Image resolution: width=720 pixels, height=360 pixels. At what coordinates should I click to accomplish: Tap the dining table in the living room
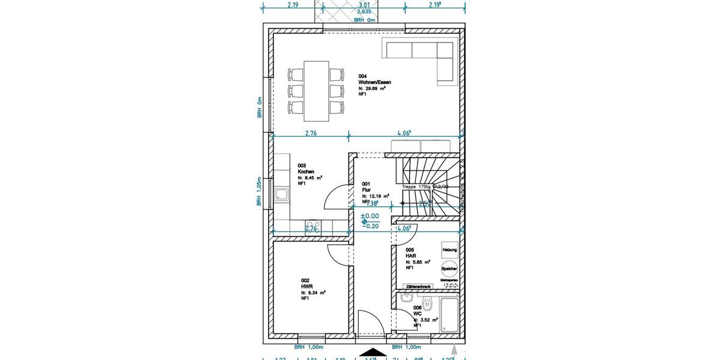point(317,90)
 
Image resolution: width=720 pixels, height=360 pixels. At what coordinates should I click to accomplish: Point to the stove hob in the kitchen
point(313,226)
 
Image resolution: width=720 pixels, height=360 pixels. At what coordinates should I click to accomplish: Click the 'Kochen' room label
point(306,172)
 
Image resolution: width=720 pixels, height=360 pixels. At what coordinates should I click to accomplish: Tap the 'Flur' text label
point(366,190)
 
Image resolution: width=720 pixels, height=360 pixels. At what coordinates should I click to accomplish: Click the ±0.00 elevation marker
point(370,215)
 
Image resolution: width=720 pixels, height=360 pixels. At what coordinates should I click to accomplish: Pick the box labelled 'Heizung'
point(449,250)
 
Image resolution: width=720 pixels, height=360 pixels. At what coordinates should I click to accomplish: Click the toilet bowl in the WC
point(427,302)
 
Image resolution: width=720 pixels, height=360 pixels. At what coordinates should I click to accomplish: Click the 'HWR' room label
point(306,286)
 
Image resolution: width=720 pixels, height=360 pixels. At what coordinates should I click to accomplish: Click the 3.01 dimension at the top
point(364,5)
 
